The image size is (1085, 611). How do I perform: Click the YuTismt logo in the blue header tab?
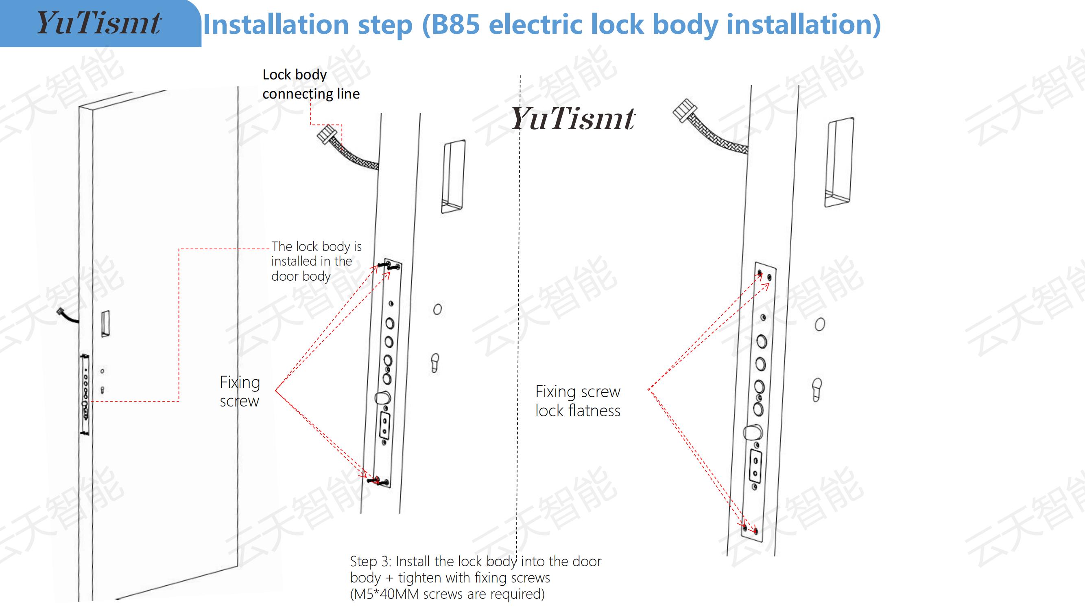(x=99, y=23)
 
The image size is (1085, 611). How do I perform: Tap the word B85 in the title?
(x=456, y=24)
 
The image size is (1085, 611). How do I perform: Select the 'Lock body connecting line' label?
(x=311, y=84)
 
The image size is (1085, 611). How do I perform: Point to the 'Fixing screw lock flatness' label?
(x=578, y=401)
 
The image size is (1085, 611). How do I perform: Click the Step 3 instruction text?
(x=476, y=577)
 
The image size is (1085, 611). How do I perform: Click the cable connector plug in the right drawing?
(x=683, y=110)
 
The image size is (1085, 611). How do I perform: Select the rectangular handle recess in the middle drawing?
(x=453, y=177)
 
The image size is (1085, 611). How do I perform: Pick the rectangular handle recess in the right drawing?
(x=839, y=163)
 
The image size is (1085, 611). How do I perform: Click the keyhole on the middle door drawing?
(x=435, y=363)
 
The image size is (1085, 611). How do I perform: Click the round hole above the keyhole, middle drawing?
(x=438, y=310)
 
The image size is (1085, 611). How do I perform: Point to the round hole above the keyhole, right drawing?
(x=820, y=325)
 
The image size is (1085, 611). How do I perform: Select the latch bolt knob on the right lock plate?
(x=753, y=432)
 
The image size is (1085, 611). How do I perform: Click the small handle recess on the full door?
(x=105, y=324)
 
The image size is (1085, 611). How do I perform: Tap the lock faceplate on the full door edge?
(x=85, y=395)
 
